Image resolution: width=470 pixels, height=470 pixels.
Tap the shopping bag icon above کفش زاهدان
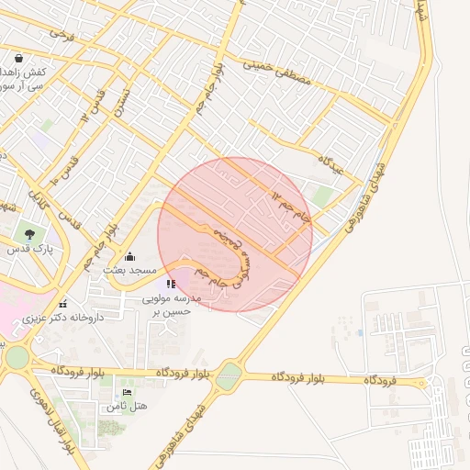click(x=19, y=57)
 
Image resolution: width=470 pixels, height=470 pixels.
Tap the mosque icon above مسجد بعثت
click(x=129, y=256)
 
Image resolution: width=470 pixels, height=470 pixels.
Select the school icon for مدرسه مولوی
click(x=171, y=285)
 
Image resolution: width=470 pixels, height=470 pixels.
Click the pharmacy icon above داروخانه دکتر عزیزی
click(x=62, y=304)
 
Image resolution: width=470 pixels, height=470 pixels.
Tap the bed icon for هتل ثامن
click(x=127, y=393)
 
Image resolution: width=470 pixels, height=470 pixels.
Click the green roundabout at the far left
click(x=16, y=357)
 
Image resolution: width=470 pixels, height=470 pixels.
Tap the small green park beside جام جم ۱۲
click(x=321, y=196)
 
